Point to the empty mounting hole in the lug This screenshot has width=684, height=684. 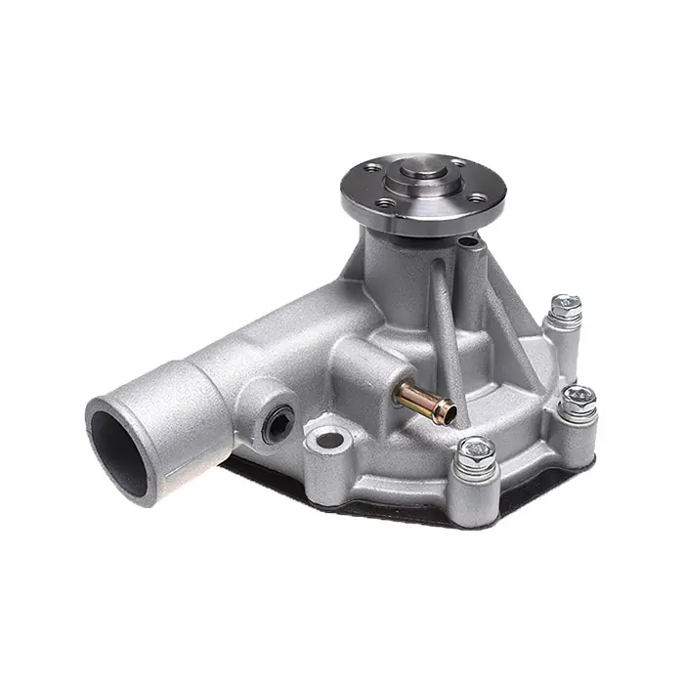tap(330, 441)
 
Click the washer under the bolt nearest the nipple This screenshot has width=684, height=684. tap(477, 464)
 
